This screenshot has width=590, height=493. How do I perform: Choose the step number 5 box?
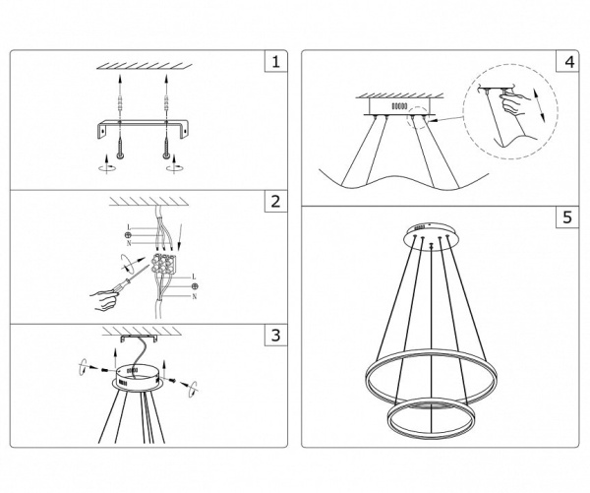coord(565,217)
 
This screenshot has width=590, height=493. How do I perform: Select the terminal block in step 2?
coord(163,266)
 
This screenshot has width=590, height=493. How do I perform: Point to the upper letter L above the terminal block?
coord(129,228)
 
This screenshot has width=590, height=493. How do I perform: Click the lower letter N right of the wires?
coord(194,295)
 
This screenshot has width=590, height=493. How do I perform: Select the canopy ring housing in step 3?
coord(137,375)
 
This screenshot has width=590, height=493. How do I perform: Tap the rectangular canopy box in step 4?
coord(401,104)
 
